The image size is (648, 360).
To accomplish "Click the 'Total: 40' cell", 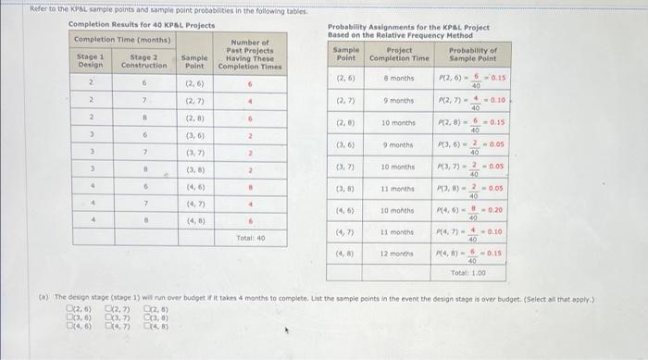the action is click(250, 238).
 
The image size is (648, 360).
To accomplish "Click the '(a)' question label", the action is click(43, 299).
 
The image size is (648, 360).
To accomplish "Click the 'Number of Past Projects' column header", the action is click(250, 56).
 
